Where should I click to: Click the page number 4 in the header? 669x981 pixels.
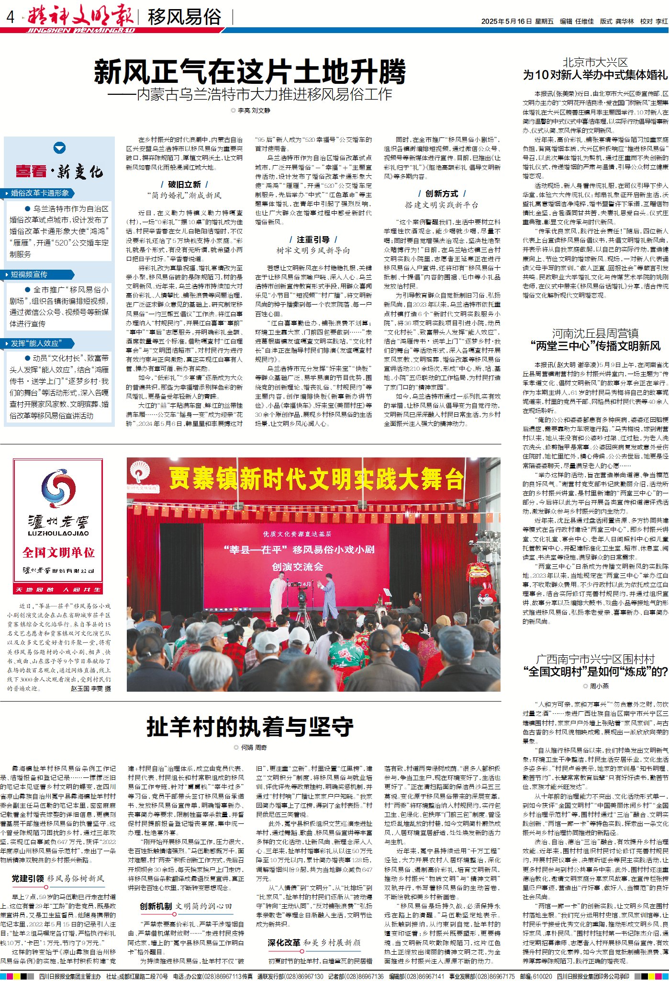pyautogui.click(x=11, y=18)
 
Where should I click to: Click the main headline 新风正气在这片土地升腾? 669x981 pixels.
pyautogui.click(x=249, y=72)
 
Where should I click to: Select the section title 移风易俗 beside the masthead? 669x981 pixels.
pyautogui.click(x=184, y=17)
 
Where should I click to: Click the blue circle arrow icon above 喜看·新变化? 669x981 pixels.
pyautogui.click(x=59, y=148)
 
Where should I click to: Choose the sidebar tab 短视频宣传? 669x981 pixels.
pyautogui.click(x=29, y=274)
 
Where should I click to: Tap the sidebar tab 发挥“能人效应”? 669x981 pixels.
pyautogui.click(x=36, y=343)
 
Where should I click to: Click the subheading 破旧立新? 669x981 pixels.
pyautogui.click(x=184, y=184)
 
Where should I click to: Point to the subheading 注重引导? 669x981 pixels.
pyautogui.click(x=313, y=240)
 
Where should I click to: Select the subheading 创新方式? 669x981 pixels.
pyautogui.click(x=442, y=194)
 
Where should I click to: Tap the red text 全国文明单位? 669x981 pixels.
pyautogui.click(x=58, y=552)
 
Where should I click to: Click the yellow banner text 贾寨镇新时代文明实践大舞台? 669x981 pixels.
pyautogui.click(x=316, y=479)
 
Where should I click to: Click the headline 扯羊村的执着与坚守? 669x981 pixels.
pyautogui.click(x=250, y=727)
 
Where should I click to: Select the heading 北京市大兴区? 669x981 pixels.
pyautogui.click(x=595, y=62)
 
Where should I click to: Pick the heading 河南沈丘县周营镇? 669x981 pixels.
pyautogui.click(x=595, y=333)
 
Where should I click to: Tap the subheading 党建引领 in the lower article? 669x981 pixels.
pyautogui.click(x=28, y=878)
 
